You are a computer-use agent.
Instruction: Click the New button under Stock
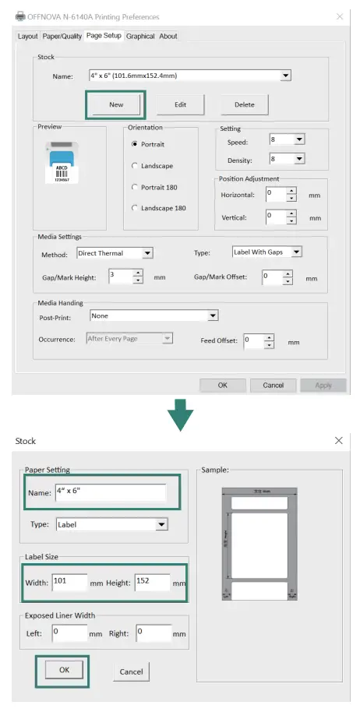[115, 104]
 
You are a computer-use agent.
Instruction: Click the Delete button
[244, 104]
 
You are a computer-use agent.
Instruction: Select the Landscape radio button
[136, 166]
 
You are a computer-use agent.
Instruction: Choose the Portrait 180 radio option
[136, 188]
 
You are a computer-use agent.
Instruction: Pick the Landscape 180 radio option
[136, 209]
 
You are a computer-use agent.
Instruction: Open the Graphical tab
[140, 36]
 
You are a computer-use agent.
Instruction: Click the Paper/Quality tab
[62, 36]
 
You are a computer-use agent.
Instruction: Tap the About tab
[168, 36]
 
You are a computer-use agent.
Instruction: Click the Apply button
[323, 385]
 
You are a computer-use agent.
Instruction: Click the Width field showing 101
[69, 582]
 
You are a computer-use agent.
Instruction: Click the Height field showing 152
[152, 582]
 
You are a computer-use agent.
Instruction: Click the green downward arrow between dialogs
[181, 413]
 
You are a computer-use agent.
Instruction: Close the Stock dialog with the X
[339, 441]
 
